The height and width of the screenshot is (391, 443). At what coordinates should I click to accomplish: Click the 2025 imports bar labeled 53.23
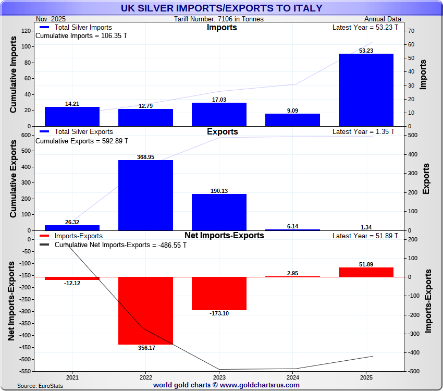pos(366,90)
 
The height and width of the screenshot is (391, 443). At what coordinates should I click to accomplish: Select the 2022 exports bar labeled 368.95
pos(145,195)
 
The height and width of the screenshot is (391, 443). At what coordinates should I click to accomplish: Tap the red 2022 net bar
pos(145,311)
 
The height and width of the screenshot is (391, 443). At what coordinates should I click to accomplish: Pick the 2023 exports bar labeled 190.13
pos(219,212)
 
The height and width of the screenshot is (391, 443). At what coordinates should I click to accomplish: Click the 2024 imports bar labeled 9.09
pos(292,120)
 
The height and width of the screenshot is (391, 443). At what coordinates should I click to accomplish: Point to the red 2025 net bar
pos(366,272)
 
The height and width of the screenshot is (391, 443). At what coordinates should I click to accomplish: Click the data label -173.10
pos(219,313)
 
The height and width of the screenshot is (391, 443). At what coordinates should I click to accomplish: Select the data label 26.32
pos(72,222)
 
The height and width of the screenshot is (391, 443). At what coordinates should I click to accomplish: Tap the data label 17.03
pos(219,100)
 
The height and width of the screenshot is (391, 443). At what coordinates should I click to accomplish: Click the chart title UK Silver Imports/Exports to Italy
pos(221,8)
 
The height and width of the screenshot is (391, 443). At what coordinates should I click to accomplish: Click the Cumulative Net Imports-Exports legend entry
pos(120,245)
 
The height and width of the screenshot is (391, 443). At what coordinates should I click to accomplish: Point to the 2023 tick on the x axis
pos(219,377)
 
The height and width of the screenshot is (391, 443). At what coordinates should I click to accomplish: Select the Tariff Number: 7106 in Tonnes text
pos(219,19)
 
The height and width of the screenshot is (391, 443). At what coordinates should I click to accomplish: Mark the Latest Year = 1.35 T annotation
pos(363,132)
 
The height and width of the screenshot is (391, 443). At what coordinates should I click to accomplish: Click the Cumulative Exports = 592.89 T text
pos(81,141)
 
